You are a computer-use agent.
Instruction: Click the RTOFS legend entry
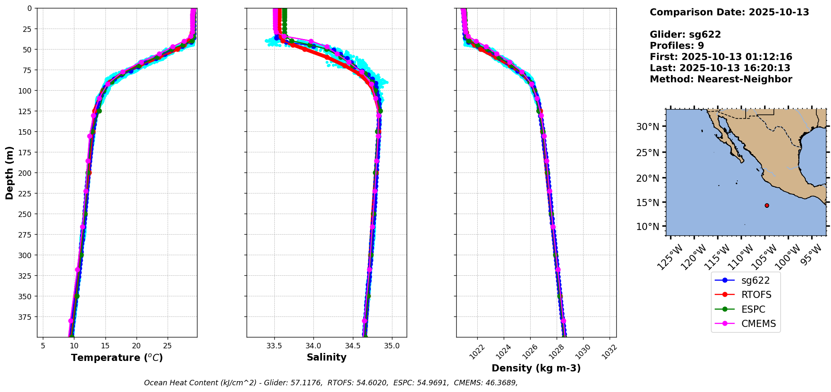click(x=756, y=295)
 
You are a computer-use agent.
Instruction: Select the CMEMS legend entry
click(x=758, y=324)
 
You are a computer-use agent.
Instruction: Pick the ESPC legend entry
click(x=753, y=309)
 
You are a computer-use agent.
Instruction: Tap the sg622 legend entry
click(x=755, y=280)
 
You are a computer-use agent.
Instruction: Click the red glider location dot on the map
click(x=767, y=205)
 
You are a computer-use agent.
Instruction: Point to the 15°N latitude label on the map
click(x=647, y=202)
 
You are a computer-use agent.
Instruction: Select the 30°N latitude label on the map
click(x=647, y=126)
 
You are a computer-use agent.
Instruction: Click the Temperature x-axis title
click(x=117, y=358)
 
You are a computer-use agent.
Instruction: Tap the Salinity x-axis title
click(x=326, y=357)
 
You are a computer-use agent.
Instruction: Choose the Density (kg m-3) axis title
click(x=536, y=368)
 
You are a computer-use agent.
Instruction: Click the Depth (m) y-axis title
click(x=10, y=172)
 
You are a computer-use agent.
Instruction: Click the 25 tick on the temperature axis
click(x=167, y=346)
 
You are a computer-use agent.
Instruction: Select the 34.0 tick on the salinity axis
click(x=313, y=346)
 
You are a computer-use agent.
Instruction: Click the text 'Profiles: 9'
click(x=676, y=46)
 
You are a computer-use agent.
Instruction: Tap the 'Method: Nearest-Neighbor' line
click(x=721, y=79)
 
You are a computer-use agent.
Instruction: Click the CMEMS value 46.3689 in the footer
click(x=502, y=383)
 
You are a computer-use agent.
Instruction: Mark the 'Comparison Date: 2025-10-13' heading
click(x=729, y=12)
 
